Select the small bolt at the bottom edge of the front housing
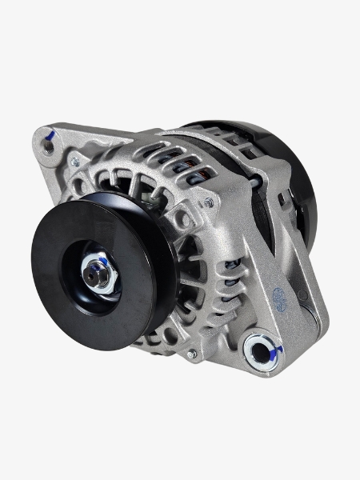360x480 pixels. (x=190, y=352)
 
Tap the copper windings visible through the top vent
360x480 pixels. (x=190, y=165)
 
